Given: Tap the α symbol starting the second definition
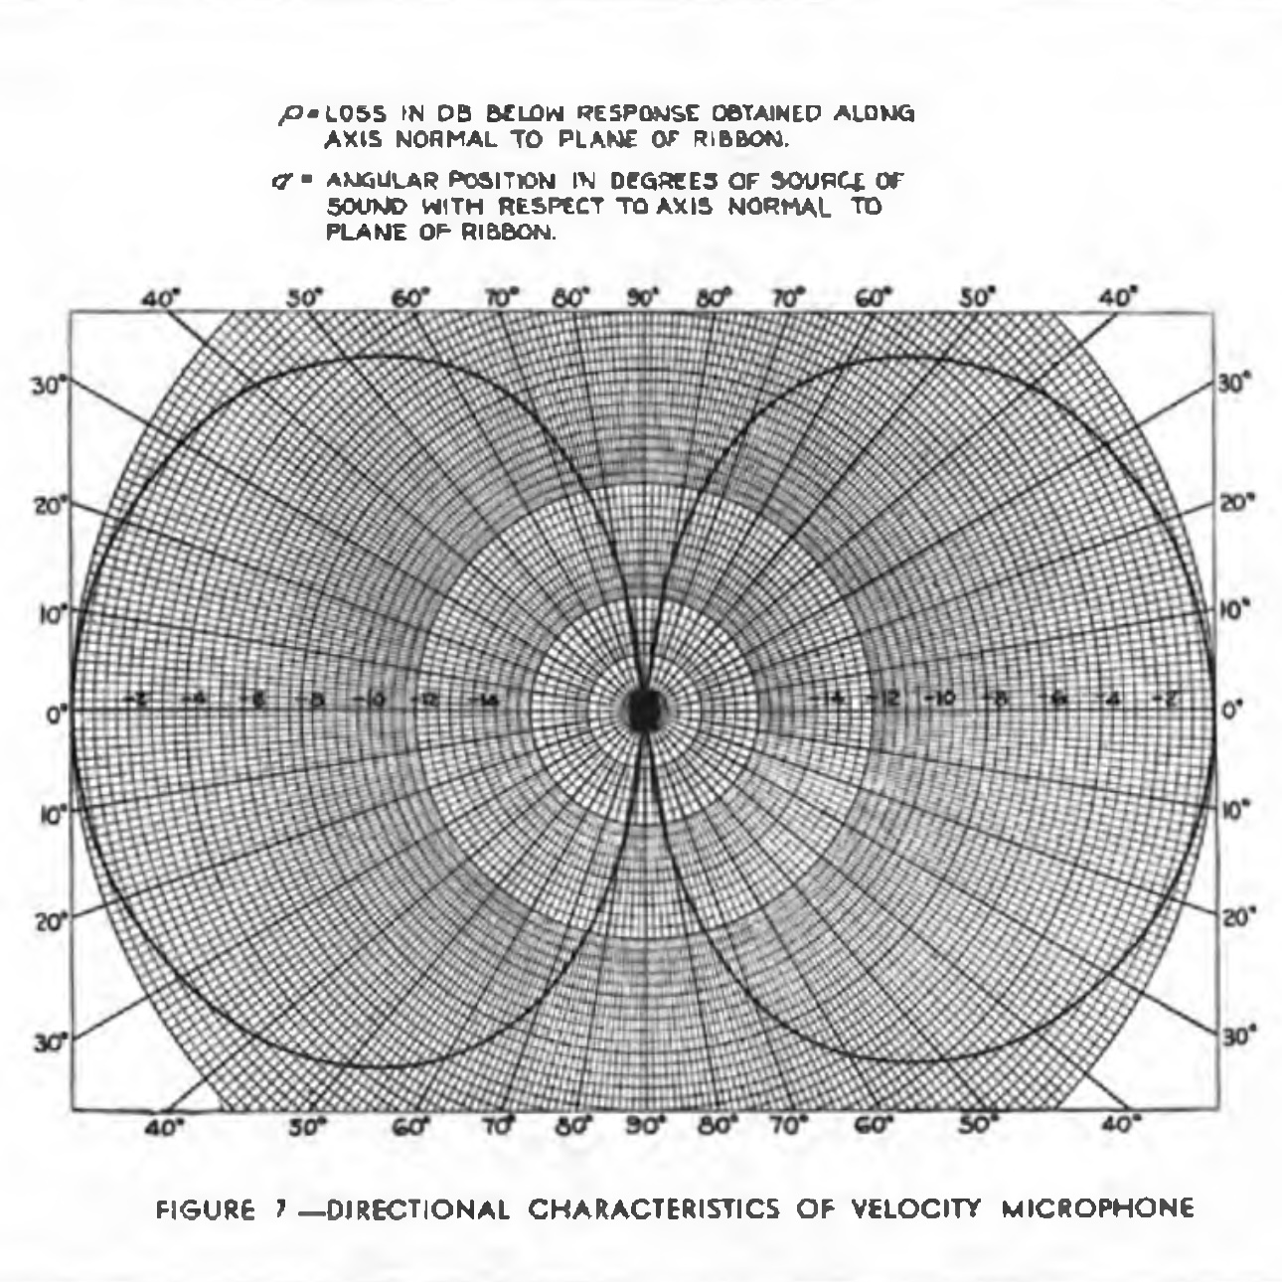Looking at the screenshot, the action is pos(281,183).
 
